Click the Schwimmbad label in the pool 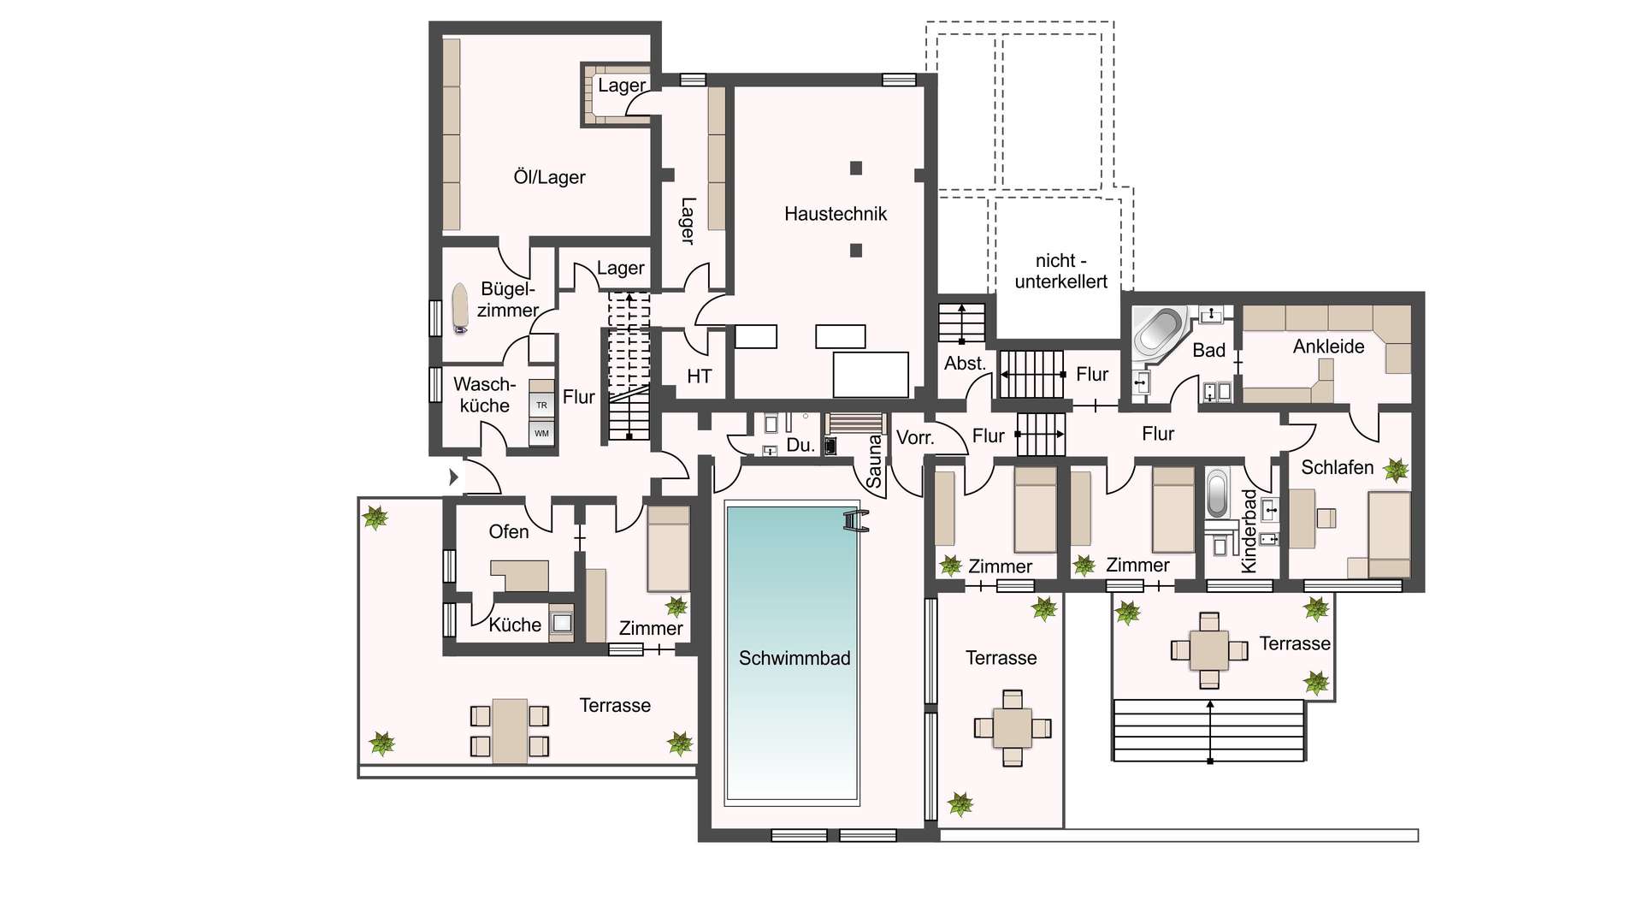(794, 658)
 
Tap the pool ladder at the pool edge (856, 520)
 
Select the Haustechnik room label (836, 214)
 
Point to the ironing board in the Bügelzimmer (460, 307)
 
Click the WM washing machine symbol (541, 433)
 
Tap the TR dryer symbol (541, 405)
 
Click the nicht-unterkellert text (1060, 271)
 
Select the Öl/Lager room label (549, 177)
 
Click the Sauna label (874, 461)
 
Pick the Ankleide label (1328, 346)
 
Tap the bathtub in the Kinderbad (1217, 493)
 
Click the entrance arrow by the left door (454, 477)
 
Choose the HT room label (699, 376)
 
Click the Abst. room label (965, 364)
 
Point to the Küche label (515, 625)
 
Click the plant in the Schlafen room (1396, 469)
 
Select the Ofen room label (508, 532)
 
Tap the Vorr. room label (914, 438)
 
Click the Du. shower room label (800, 445)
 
